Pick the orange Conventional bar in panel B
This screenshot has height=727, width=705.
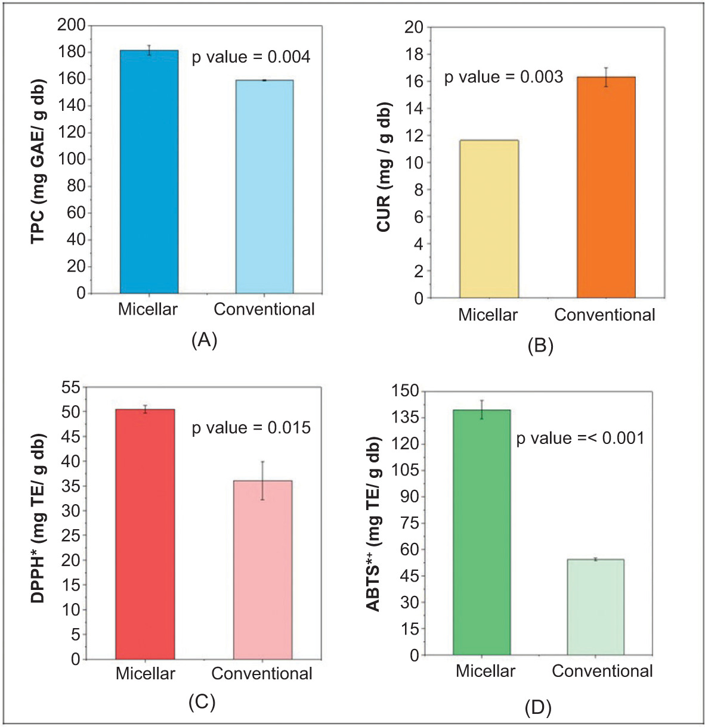click(605, 187)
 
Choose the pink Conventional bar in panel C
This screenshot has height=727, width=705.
click(262, 570)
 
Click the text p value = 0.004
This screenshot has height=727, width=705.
click(251, 57)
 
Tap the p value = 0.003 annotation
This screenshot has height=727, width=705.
click(503, 77)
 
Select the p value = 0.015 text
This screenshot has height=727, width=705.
click(251, 428)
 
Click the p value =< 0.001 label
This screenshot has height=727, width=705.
click(580, 439)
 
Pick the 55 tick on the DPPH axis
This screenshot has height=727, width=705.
click(70, 387)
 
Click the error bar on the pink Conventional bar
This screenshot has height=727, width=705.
click(262, 480)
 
